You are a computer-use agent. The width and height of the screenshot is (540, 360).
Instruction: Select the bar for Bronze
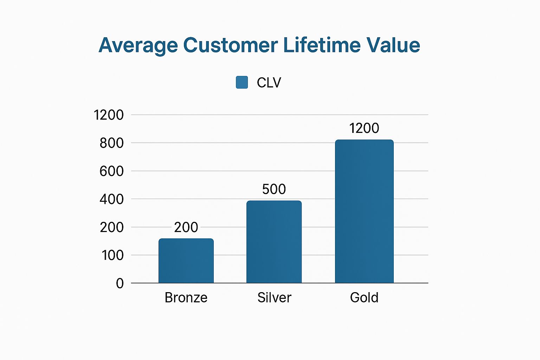coord(186,261)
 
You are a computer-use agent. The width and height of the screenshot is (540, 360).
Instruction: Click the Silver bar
coord(274,242)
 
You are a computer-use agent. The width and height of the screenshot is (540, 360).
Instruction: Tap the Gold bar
coord(364,211)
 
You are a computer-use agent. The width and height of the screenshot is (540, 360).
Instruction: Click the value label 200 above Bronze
coord(186,227)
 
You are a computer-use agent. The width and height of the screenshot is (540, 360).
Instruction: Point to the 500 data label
coord(274,189)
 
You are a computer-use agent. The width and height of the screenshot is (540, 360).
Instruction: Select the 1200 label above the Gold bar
coord(364,128)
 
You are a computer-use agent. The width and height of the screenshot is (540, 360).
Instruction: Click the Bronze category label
coord(186,298)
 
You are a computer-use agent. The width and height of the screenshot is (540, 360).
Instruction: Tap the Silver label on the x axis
coord(274,298)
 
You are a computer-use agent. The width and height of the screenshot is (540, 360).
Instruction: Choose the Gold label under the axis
coord(364,298)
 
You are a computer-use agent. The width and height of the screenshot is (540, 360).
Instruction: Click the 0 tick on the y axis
coord(120,283)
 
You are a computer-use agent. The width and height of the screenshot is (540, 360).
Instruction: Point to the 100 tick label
coord(112,255)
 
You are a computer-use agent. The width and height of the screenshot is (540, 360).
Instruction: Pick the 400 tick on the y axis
coord(112,199)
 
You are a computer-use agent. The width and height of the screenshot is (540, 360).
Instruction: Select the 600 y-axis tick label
coord(112,171)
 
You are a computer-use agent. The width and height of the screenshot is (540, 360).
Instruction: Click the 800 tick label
coord(112,143)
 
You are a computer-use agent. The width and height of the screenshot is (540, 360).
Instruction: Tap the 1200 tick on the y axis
coord(109,115)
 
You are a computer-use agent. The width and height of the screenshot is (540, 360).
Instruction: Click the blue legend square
coord(242,82)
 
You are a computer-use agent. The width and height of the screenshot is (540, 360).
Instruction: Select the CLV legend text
coord(269,83)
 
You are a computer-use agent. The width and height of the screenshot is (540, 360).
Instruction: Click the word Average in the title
coord(138,45)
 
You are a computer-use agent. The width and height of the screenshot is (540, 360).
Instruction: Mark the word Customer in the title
coord(230,45)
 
